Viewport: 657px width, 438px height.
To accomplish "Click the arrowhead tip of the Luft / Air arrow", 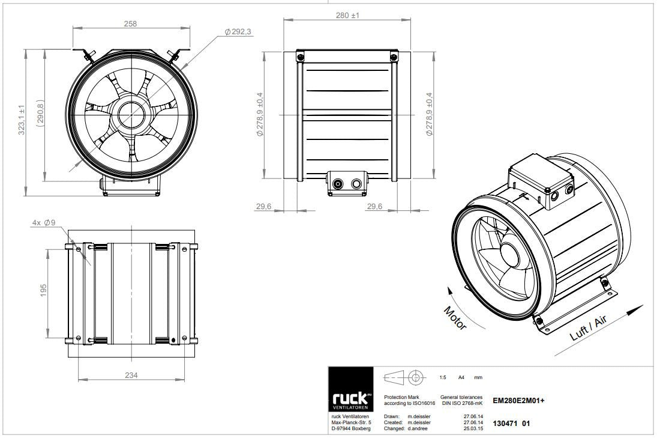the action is (x=643, y=305).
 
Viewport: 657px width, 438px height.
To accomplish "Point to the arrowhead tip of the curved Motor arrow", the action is (x=448, y=287).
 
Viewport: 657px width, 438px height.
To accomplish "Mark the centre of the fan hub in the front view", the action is (x=131, y=115).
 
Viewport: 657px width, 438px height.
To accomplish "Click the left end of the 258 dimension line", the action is (x=73, y=28).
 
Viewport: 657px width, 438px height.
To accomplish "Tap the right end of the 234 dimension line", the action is (x=184, y=380).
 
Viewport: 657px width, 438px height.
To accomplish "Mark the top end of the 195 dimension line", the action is (x=48, y=249).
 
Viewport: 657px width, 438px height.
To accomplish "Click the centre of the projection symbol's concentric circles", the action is (x=415, y=377).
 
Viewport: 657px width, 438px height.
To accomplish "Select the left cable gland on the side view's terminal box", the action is (x=337, y=184).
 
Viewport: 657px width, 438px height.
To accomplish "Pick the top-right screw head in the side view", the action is (x=393, y=57).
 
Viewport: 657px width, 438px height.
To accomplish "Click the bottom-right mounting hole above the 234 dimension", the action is (x=184, y=338).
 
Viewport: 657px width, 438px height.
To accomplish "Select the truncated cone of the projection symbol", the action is (x=394, y=377).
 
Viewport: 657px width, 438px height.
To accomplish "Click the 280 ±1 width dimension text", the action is (x=348, y=15).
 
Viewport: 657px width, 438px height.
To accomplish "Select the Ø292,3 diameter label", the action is (x=238, y=31).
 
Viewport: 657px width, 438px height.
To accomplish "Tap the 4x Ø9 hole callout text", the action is (x=44, y=223).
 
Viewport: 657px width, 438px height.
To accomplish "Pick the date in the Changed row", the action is (x=473, y=429).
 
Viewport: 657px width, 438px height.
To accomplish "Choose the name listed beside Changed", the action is (x=418, y=429).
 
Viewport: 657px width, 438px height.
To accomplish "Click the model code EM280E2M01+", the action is (x=519, y=400).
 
